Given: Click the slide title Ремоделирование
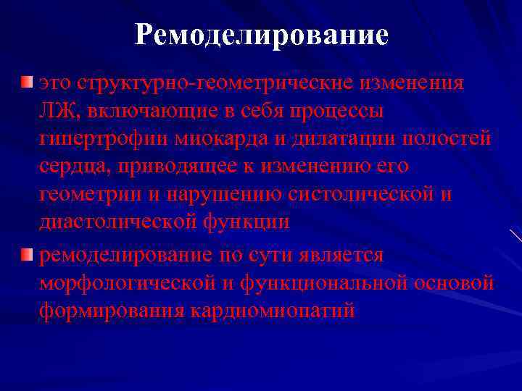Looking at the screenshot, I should (261, 35).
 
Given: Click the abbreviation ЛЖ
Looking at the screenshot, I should (52, 112).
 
